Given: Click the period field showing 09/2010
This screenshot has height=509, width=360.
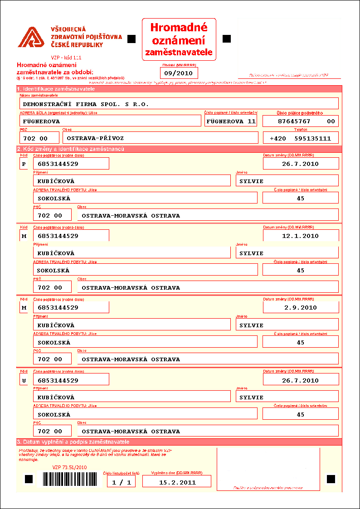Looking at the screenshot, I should [179, 73].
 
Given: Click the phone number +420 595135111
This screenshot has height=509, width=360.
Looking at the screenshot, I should [301, 138].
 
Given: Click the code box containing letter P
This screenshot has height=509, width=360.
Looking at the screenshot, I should [24, 164].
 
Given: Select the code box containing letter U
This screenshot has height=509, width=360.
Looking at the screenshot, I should [24, 380].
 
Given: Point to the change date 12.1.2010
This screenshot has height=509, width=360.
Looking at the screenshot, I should [301, 236].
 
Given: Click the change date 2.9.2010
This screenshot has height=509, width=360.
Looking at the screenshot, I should [301, 307].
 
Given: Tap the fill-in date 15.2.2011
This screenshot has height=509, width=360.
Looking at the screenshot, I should [177, 482].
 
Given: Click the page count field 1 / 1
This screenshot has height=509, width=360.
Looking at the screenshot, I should [121, 482].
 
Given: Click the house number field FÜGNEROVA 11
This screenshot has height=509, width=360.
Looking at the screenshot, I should [231, 121].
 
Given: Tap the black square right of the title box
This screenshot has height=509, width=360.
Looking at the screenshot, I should [227, 39].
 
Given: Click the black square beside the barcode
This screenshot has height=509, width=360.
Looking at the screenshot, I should [29, 479].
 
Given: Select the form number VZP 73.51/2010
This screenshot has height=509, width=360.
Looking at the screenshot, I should [69, 467].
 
